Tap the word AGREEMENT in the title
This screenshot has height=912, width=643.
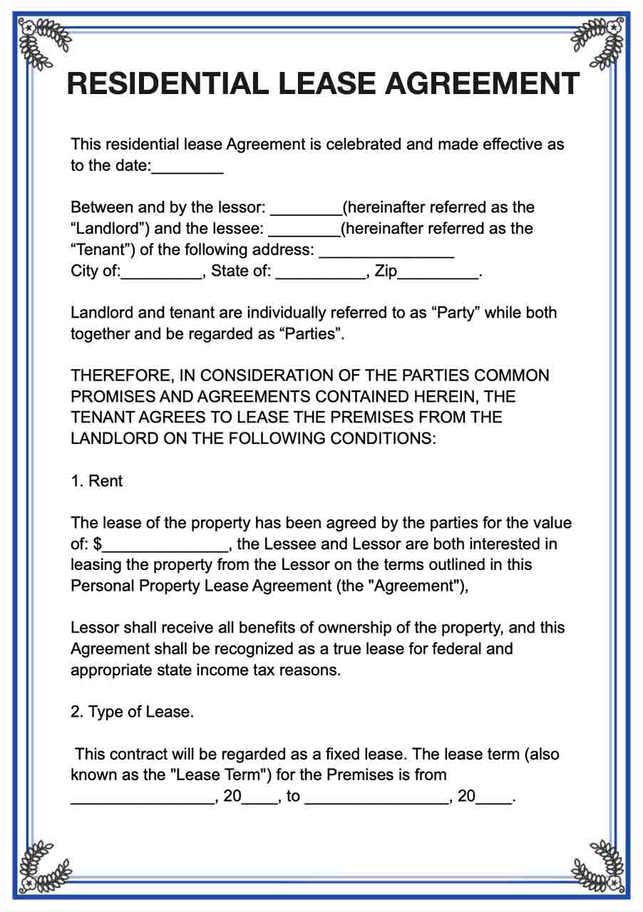pos(482,84)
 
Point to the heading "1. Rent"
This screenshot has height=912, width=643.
pos(97,481)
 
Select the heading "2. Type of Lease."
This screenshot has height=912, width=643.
pos(133,712)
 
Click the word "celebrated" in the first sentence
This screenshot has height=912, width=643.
pos(364,145)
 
